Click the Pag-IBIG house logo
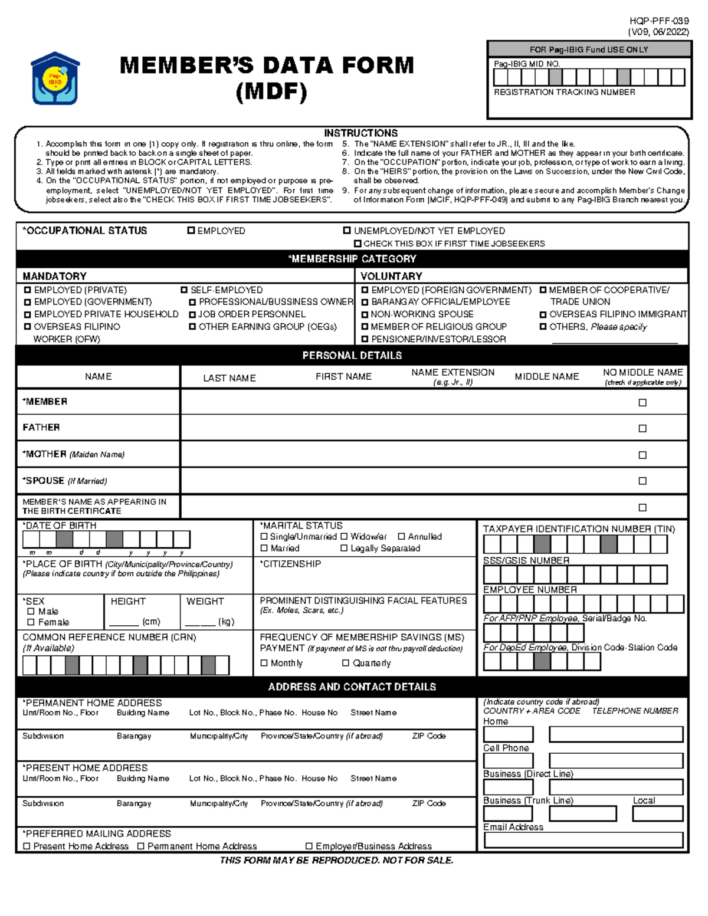point(55,78)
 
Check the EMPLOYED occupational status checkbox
point(191,231)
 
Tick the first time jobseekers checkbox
point(358,244)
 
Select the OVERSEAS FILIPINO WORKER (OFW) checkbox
point(28,326)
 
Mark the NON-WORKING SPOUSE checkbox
point(365,314)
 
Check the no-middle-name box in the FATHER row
point(643,429)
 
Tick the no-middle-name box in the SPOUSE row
point(643,481)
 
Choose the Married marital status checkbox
point(264,549)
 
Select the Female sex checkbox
point(31,622)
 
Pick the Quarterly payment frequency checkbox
point(346,663)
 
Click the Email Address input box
point(583,840)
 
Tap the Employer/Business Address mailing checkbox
point(309,846)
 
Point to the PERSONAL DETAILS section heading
point(352,355)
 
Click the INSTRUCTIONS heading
point(360,133)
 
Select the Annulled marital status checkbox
point(401,537)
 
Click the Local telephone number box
point(657,814)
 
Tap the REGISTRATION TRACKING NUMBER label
point(564,93)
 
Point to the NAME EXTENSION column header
point(453,373)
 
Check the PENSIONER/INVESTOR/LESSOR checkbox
point(365,339)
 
